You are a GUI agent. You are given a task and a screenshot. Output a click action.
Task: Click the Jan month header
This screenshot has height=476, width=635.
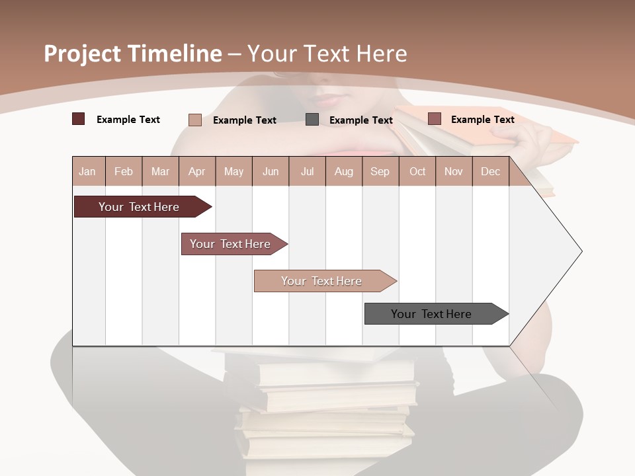click(87, 171)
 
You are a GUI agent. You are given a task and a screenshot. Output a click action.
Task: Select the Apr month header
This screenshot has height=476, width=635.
click(197, 171)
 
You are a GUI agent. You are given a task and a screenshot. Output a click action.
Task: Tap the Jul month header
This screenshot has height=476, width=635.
click(307, 171)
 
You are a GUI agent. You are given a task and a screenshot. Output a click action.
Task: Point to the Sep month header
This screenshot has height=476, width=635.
click(380, 171)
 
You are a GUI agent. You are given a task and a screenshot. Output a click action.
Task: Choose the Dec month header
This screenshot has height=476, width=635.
click(490, 171)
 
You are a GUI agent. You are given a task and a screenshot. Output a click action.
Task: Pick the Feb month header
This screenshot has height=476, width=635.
click(124, 171)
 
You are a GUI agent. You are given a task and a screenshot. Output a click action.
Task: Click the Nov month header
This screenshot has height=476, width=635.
click(454, 171)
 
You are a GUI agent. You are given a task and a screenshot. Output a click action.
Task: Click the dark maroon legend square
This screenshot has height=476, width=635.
click(79, 119)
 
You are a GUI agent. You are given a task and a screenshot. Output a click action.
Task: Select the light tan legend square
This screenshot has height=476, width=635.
click(195, 120)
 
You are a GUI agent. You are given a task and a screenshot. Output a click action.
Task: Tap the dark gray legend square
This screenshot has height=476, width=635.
click(312, 120)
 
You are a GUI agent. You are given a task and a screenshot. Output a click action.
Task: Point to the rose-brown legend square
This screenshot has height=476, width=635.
click(435, 119)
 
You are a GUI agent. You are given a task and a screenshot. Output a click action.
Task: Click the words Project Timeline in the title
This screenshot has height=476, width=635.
click(133, 54)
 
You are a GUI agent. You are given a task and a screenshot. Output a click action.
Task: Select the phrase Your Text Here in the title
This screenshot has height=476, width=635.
click(327, 54)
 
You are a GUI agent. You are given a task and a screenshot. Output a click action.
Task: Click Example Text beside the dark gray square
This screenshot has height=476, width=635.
click(361, 120)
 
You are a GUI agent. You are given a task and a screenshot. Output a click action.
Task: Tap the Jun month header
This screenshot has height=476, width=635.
click(271, 171)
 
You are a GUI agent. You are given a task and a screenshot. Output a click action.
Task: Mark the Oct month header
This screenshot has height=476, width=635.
click(417, 171)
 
